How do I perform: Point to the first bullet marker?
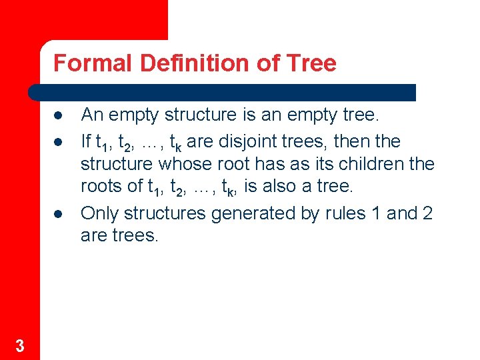(59, 116)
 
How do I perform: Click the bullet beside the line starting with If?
(59, 142)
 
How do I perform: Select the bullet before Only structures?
(59, 214)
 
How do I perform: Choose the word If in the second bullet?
(85, 141)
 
